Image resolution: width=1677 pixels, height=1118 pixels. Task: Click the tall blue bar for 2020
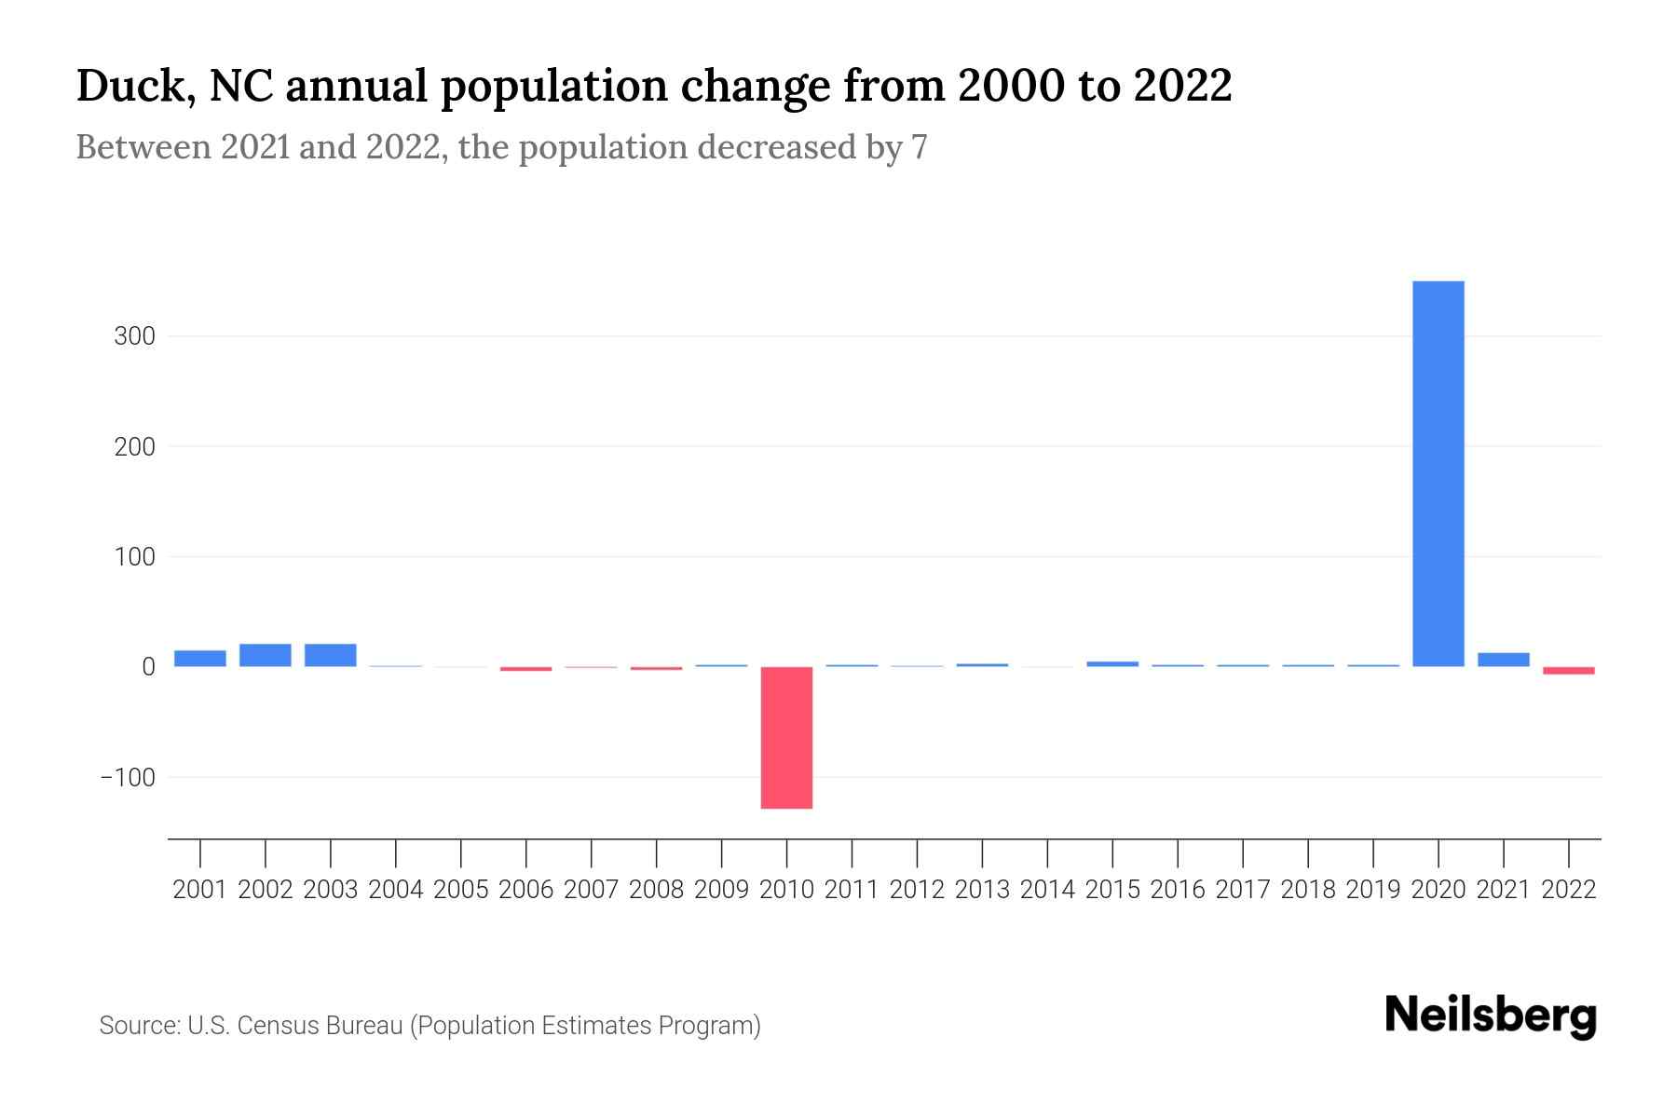1438,473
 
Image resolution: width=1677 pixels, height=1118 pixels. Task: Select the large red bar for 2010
786,737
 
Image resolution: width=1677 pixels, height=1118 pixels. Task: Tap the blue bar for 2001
200,658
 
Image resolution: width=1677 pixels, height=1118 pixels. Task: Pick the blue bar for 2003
331,655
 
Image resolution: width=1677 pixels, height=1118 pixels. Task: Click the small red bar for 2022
1568,670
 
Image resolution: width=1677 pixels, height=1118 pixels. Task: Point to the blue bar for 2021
1503,660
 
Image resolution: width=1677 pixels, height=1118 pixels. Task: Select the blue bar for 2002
266,655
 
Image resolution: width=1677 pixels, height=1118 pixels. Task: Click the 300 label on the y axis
134,336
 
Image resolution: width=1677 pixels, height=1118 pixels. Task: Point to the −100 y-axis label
128,777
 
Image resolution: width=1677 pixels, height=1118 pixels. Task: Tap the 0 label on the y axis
148,667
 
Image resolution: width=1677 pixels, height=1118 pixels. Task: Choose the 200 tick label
134,447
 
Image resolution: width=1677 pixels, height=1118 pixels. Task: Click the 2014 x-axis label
1047,890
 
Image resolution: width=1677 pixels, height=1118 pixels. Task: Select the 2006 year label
525,890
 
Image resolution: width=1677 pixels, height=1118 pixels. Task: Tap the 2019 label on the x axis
1373,890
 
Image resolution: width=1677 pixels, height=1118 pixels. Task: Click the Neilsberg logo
1491,1016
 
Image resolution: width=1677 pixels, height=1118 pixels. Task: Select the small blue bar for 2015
1112,663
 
